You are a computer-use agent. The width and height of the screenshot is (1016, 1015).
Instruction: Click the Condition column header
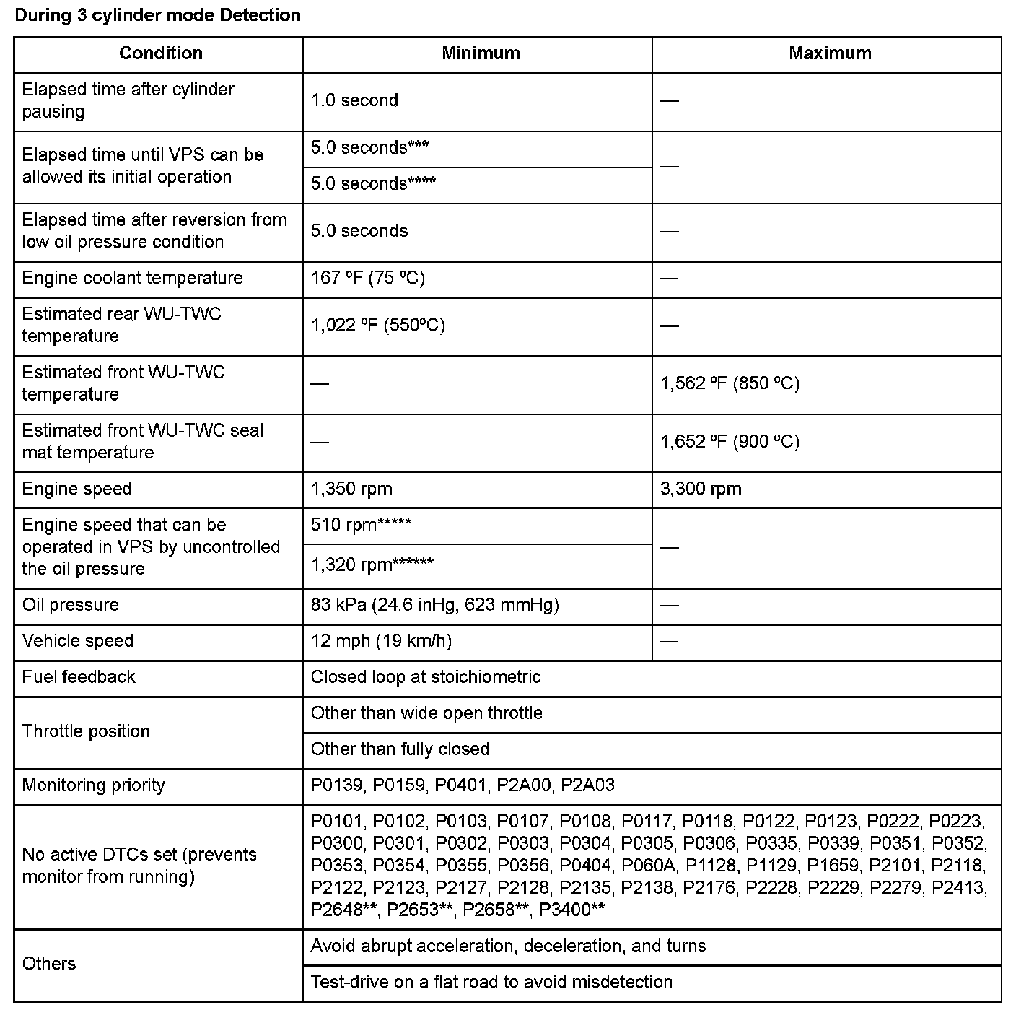[x=160, y=53]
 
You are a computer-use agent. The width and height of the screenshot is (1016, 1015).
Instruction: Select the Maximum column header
[x=830, y=53]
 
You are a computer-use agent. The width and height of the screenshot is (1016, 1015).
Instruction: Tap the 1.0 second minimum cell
[x=354, y=100]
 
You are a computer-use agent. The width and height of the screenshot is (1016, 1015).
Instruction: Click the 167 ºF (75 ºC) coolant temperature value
[x=367, y=278]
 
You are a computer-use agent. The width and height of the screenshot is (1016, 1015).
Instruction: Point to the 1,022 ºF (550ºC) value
[x=377, y=325]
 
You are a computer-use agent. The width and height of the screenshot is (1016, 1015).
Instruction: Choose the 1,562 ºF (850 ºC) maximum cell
[x=730, y=383]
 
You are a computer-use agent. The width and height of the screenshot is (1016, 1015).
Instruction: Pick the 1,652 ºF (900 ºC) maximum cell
[x=730, y=442]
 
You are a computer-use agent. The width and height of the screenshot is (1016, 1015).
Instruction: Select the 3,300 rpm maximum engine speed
[x=701, y=489]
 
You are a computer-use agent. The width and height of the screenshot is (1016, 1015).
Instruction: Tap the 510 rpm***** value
[x=361, y=525]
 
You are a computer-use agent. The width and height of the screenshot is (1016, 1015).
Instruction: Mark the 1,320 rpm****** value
[x=372, y=565]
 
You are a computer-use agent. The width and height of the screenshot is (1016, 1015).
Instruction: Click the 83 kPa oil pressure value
[x=434, y=604]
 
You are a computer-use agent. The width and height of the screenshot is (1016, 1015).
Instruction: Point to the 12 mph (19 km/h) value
[x=381, y=640]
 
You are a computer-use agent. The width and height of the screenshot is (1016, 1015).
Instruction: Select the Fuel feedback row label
[x=79, y=676]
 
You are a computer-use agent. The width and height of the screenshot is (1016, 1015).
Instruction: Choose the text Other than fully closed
[x=400, y=749]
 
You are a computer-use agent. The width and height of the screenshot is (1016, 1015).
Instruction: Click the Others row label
[x=49, y=963]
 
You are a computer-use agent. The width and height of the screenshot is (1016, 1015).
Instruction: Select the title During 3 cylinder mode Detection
[x=157, y=15]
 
